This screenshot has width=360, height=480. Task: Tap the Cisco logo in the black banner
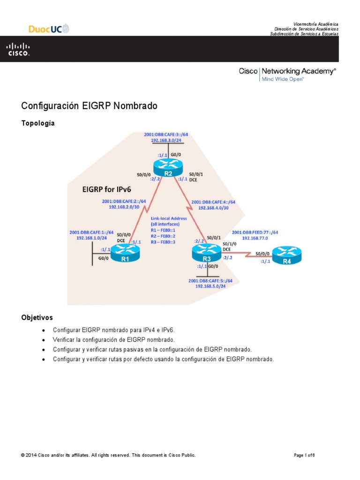click(18, 49)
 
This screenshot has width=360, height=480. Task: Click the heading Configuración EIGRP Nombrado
click(90, 106)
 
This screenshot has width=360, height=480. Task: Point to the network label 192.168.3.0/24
click(166, 140)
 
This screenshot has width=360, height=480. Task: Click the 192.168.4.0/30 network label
click(213, 208)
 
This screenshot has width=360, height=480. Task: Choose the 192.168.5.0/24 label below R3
click(210, 286)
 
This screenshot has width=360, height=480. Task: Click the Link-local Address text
click(169, 218)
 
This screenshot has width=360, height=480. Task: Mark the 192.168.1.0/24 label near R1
click(91, 238)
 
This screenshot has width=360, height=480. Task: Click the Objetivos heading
click(37, 317)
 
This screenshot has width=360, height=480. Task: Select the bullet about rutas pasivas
click(152, 350)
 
